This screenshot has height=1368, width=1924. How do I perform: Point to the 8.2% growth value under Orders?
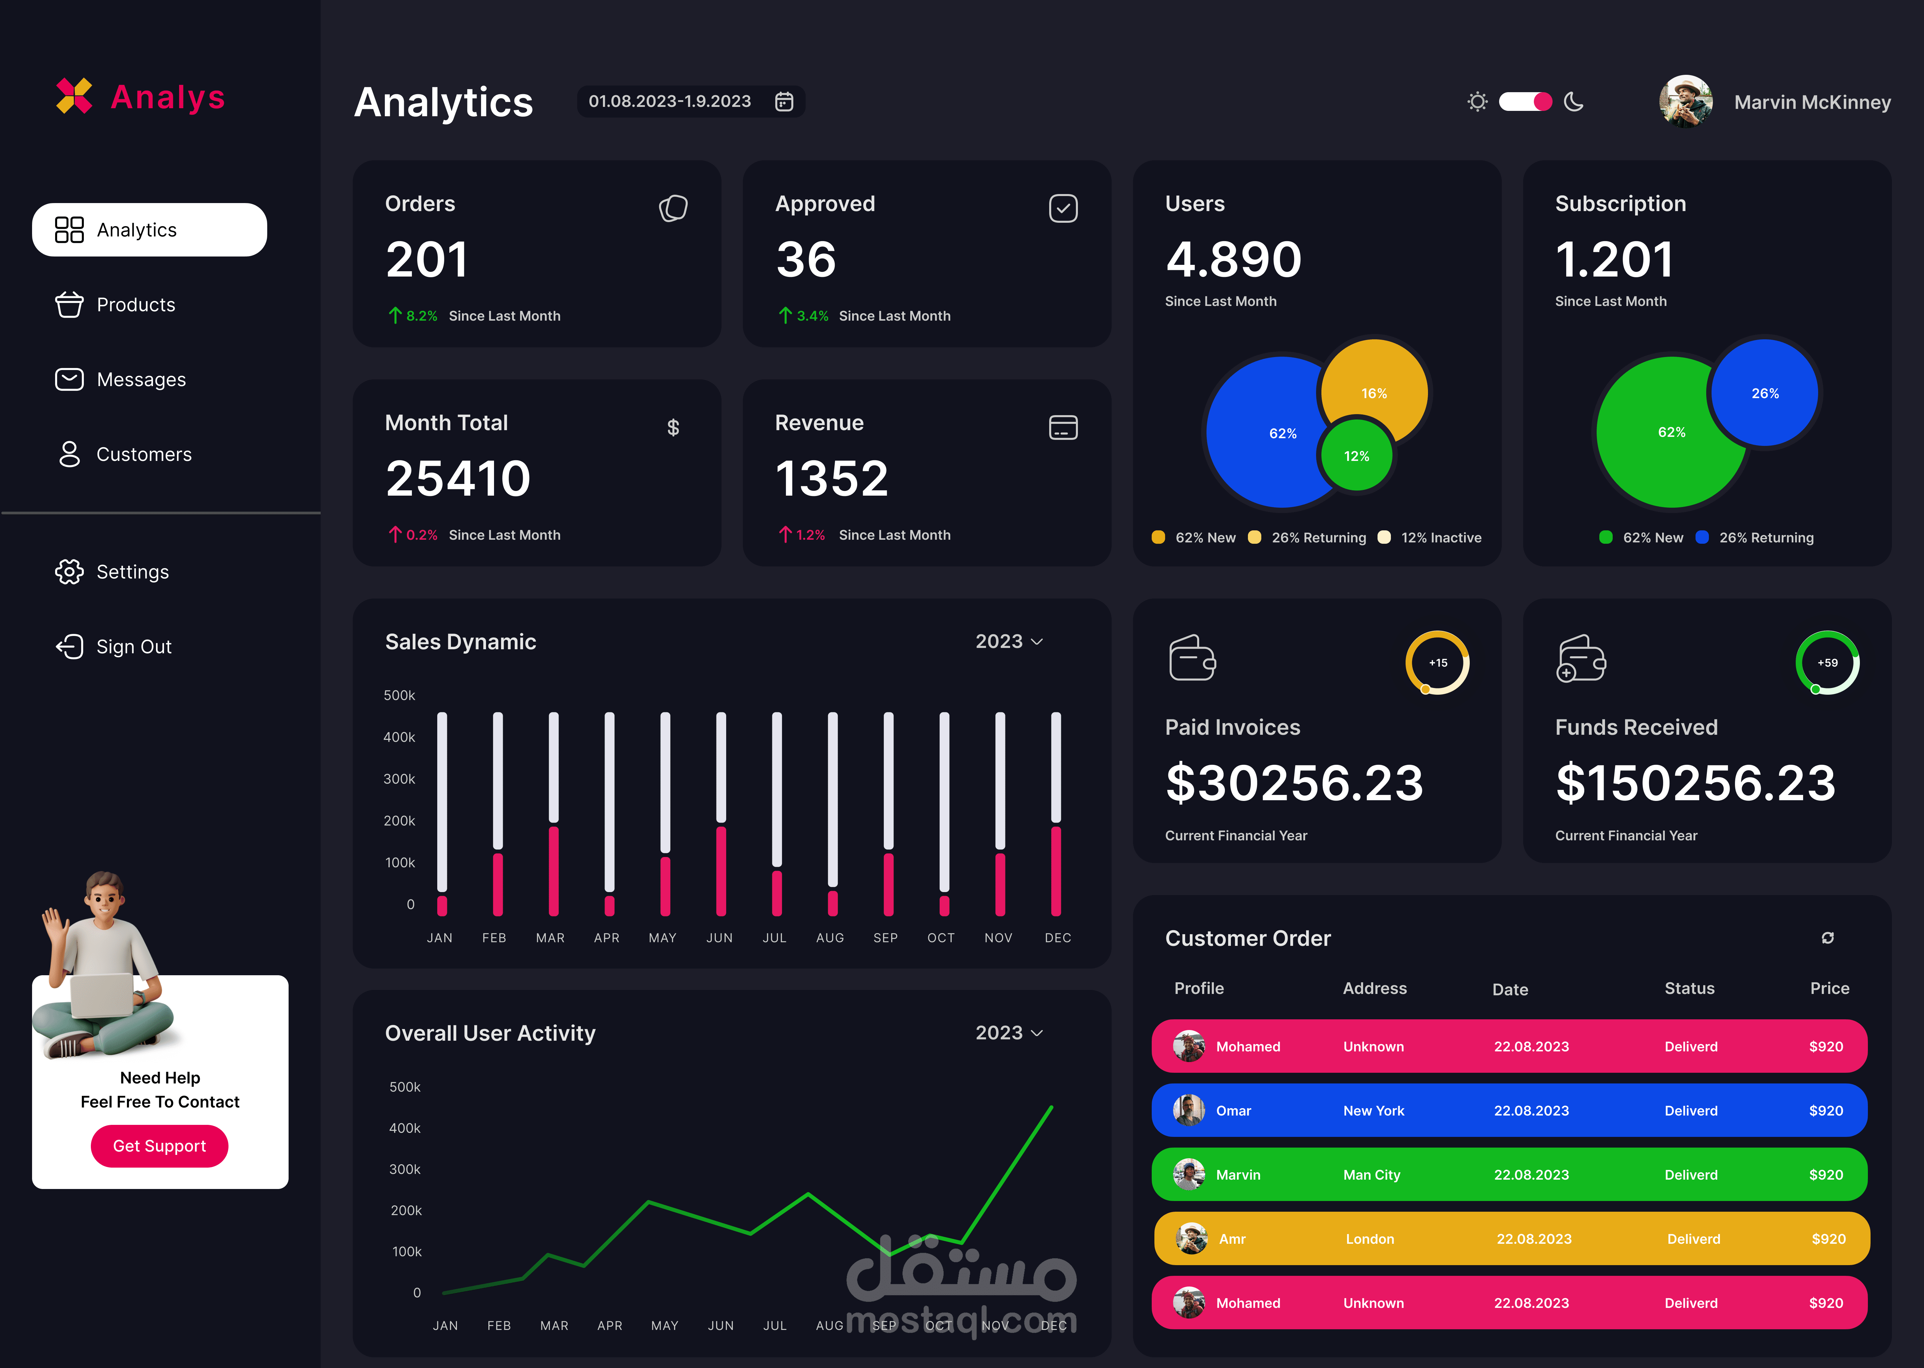click(x=421, y=316)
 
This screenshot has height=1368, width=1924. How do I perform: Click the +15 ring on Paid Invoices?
click(x=1437, y=663)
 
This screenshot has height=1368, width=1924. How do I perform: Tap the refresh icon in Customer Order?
click(x=1827, y=938)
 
